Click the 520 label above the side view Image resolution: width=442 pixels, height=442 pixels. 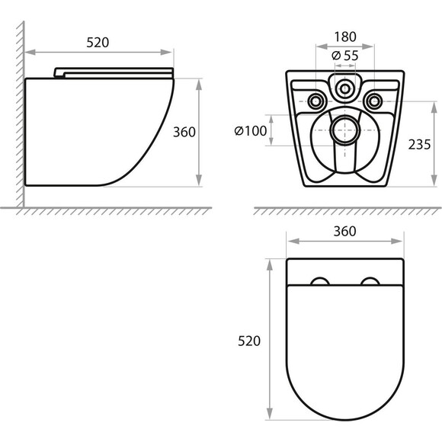[98, 43]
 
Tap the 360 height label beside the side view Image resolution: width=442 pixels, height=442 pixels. [184, 132]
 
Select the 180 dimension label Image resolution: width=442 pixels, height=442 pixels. [345, 37]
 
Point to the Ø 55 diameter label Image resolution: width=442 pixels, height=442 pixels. [345, 56]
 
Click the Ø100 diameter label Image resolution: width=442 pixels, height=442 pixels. [251, 131]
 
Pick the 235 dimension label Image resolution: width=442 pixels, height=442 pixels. [419, 145]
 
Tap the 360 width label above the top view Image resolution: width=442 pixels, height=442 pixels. [344, 232]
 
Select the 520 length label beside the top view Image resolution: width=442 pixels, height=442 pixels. [249, 341]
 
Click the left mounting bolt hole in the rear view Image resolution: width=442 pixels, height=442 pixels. [315, 101]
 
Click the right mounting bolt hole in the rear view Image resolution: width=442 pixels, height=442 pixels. [374, 101]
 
